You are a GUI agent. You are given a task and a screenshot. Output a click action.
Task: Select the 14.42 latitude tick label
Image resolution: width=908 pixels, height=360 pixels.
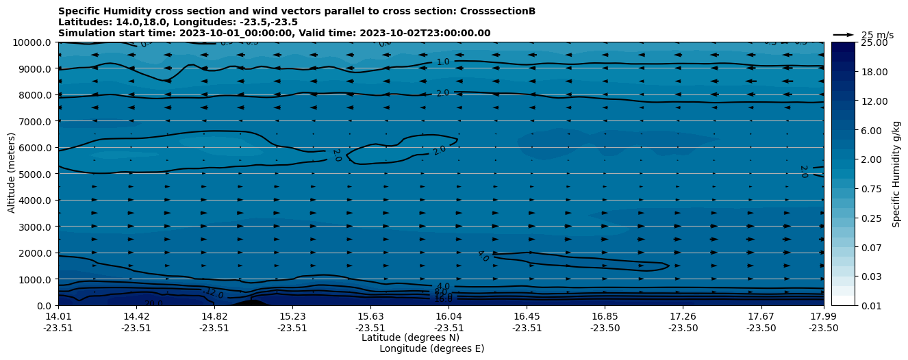click(x=136, y=316)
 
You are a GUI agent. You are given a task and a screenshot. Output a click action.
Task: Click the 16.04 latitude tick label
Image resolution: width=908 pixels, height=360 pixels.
click(x=449, y=316)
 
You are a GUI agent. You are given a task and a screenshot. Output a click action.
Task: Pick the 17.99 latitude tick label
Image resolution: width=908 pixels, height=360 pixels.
click(x=823, y=316)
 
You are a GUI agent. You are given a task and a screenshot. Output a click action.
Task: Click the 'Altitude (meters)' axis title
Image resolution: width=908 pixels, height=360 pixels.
click(x=12, y=174)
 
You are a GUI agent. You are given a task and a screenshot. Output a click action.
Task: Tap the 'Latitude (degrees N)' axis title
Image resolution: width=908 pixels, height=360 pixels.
click(x=410, y=337)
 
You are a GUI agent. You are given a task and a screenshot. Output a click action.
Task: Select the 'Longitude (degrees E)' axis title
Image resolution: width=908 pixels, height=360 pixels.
click(x=431, y=348)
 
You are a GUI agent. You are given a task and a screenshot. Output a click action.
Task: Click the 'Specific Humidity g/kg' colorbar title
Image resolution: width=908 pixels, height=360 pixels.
click(x=896, y=174)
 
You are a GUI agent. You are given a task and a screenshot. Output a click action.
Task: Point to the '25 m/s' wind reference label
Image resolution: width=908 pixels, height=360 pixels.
click(x=877, y=35)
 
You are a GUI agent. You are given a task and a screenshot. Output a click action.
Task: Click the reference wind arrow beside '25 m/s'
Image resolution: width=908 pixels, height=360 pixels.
click(x=844, y=35)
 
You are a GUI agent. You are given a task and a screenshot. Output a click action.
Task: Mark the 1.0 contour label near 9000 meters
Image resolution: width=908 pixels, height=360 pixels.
click(x=443, y=62)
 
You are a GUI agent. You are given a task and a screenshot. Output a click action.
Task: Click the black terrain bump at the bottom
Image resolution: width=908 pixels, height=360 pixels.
click(x=251, y=302)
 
